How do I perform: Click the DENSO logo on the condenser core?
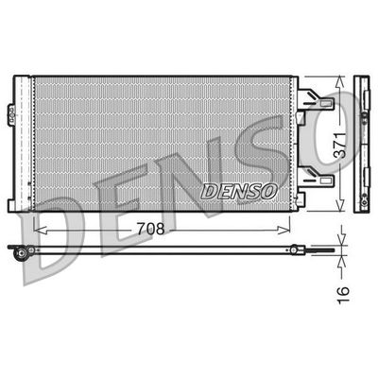(240, 191)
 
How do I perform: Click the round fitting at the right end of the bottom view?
(296, 250)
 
